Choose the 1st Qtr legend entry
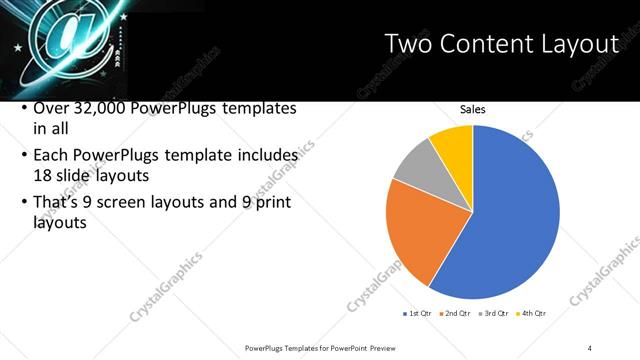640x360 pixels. coord(419,313)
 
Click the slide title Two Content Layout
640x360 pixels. coord(502,43)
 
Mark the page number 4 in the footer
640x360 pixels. coord(591,347)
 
